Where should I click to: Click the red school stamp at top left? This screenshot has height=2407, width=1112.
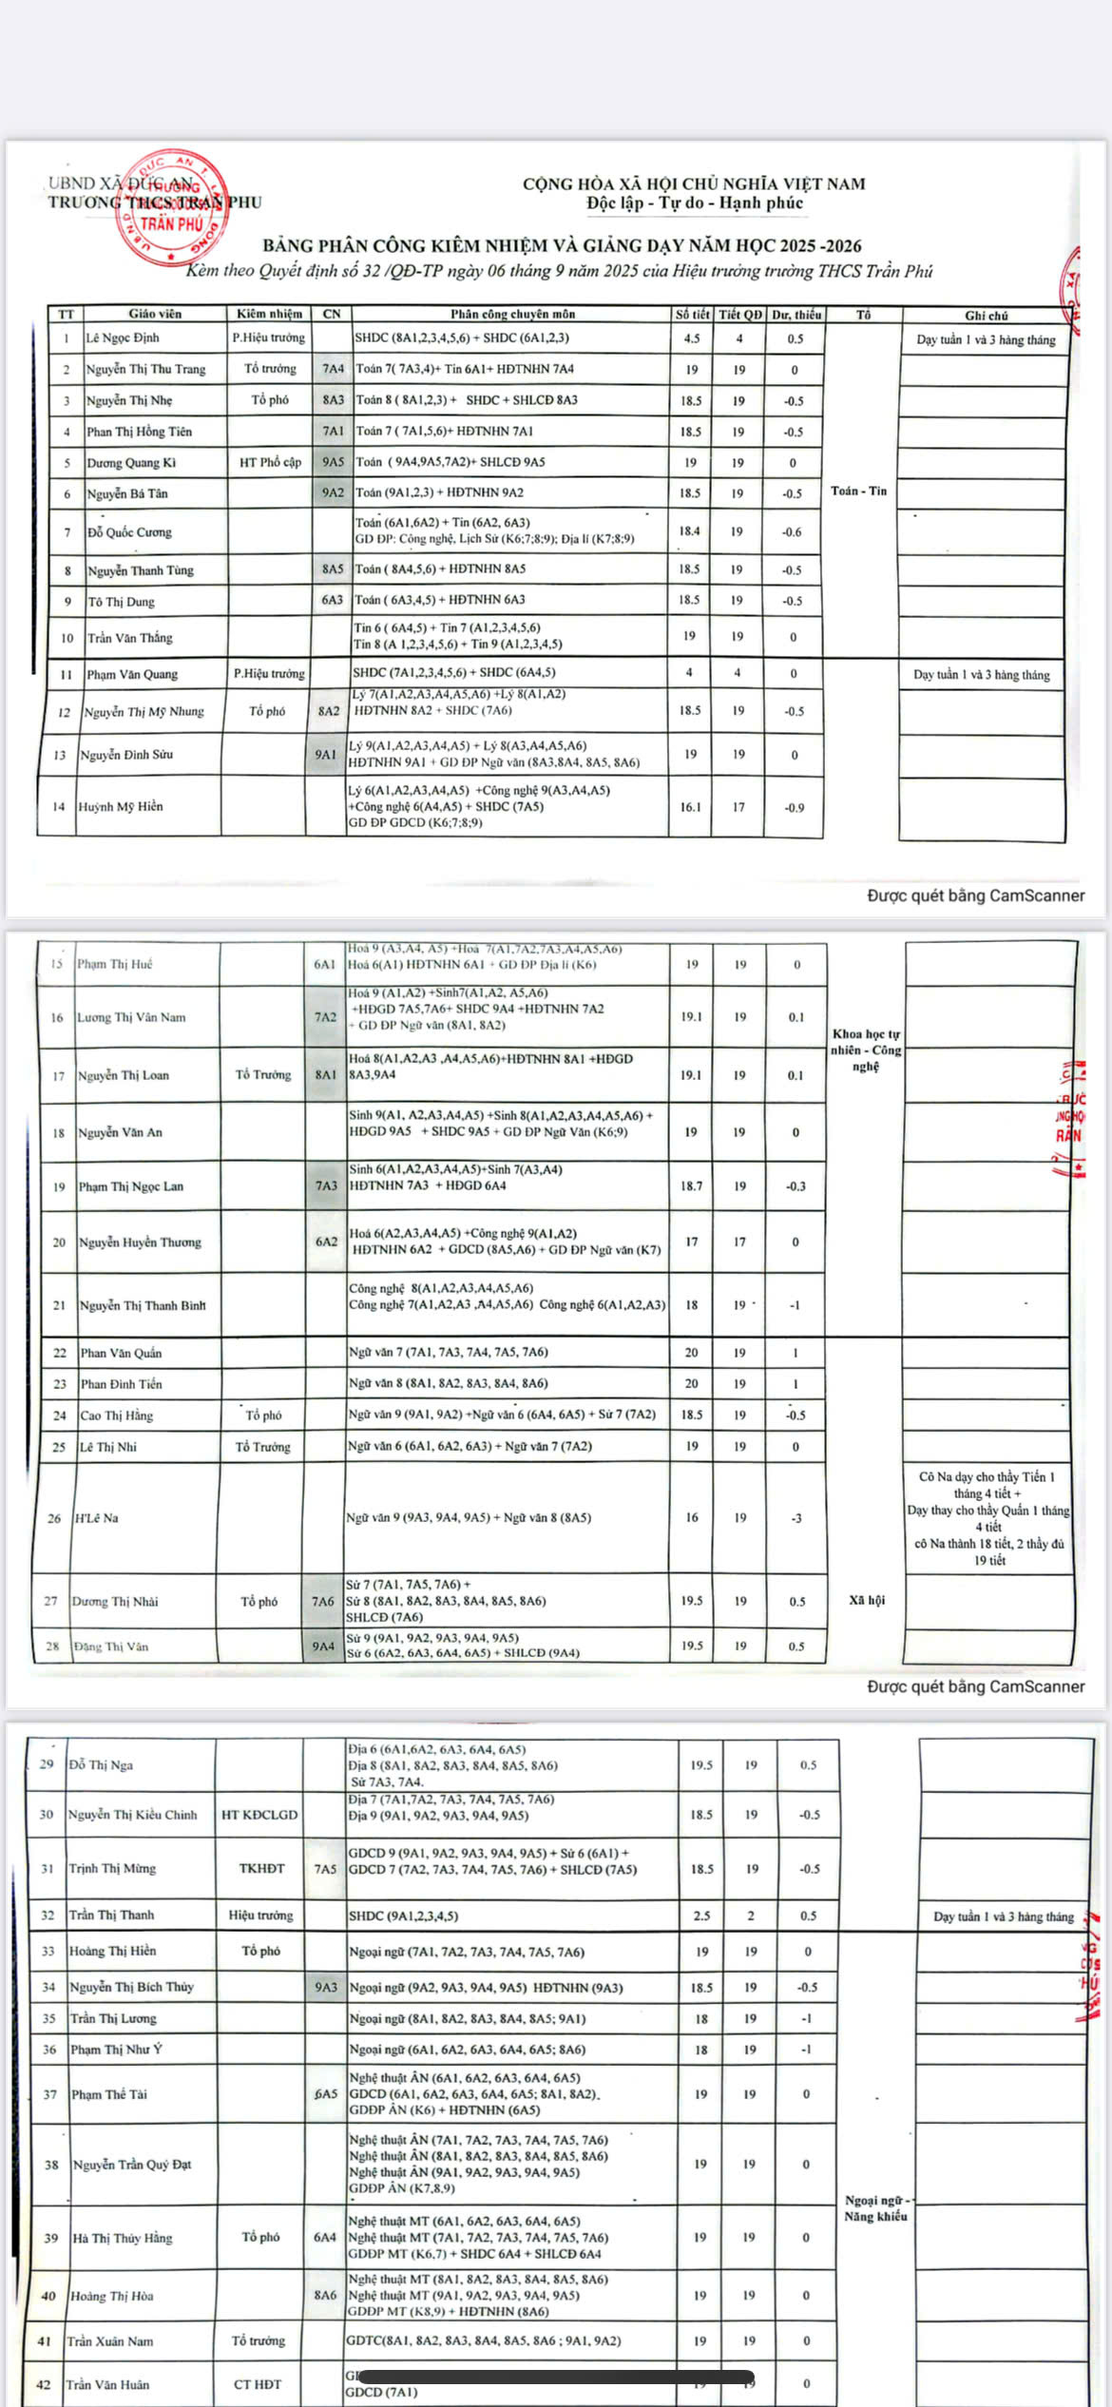(171, 205)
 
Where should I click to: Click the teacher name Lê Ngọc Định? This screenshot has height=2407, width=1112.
(123, 338)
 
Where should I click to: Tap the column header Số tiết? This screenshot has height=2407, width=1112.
(692, 315)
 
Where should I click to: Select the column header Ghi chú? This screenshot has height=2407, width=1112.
(986, 316)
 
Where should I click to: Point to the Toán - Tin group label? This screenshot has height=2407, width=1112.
(858, 491)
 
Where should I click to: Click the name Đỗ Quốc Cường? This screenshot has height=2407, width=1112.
(129, 532)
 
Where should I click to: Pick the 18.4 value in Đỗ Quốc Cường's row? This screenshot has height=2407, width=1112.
(689, 531)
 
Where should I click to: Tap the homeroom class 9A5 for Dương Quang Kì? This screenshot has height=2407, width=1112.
(333, 462)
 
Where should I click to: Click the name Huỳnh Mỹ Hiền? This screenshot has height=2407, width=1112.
(120, 807)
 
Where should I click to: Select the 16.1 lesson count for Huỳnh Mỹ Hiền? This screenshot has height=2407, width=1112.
(690, 807)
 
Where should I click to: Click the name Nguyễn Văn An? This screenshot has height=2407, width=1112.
(120, 1132)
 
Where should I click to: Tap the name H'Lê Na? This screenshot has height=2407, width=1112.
(97, 1518)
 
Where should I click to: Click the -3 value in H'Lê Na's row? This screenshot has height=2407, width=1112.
(796, 1518)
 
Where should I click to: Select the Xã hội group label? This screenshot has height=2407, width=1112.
(866, 1601)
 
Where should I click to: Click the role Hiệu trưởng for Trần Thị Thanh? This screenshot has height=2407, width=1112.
(260, 1916)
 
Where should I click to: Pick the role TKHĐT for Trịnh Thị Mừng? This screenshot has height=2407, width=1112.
(261, 1868)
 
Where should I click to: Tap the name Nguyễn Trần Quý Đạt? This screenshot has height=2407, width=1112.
(132, 2165)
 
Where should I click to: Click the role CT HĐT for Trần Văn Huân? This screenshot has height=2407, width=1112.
(257, 2384)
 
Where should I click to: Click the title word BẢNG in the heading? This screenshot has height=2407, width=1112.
(288, 246)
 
